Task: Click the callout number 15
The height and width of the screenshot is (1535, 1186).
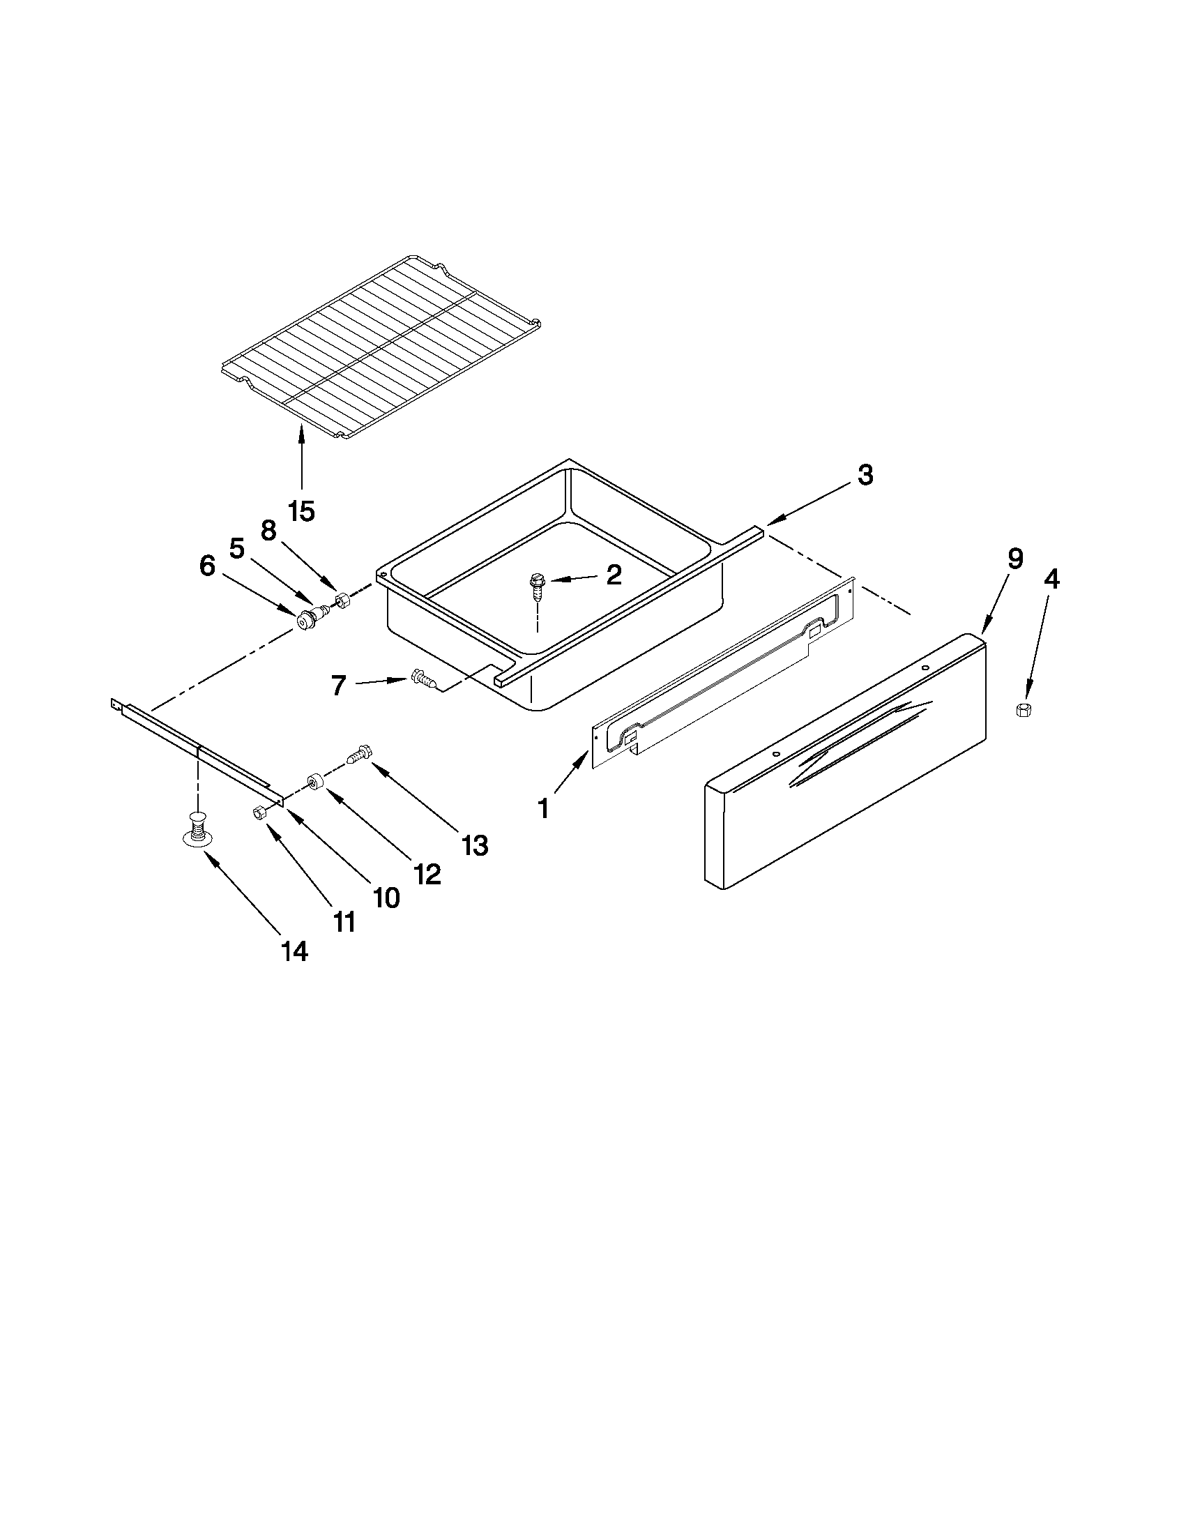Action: point(301,512)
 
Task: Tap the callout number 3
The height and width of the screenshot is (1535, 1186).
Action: point(865,475)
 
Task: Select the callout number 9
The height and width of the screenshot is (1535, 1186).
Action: point(1015,559)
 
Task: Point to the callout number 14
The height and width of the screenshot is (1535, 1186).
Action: point(294,952)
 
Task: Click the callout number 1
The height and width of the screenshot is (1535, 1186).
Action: point(543,809)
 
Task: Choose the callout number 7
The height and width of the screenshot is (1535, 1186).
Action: point(339,686)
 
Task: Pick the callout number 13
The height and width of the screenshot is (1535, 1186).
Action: point(475,845)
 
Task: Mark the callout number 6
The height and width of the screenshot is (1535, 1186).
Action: point(207,566)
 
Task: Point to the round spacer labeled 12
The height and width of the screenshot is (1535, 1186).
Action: point(314,782)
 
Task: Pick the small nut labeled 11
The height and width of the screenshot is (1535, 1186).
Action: point(258,812)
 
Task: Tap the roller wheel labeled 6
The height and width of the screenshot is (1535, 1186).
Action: point(307,621)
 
